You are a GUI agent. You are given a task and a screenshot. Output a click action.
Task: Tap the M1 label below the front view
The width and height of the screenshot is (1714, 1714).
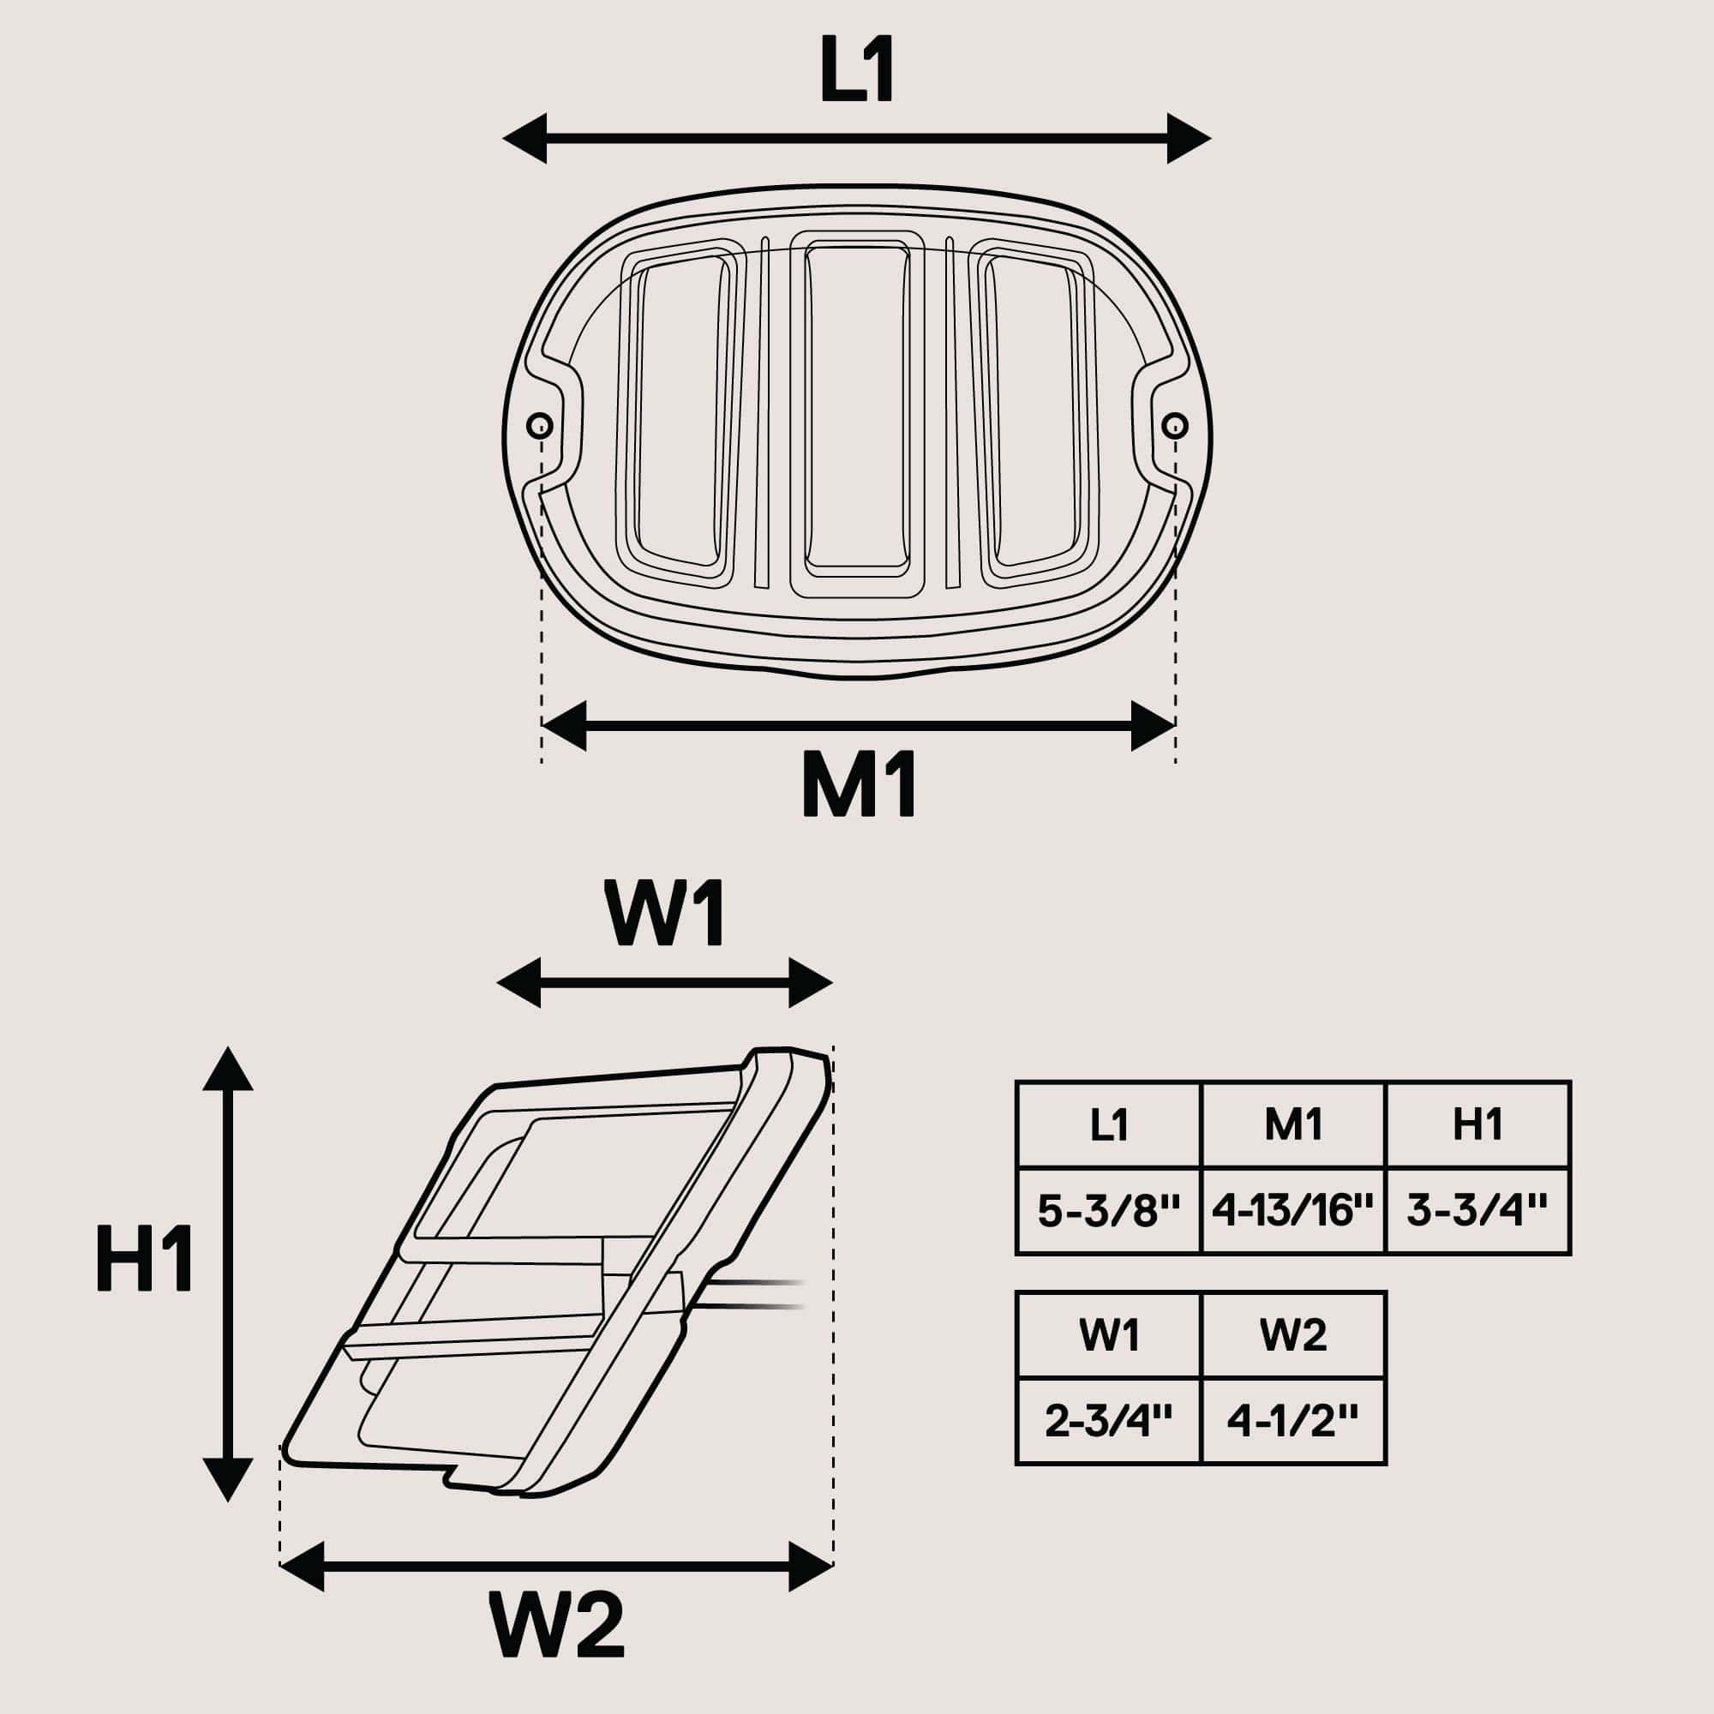tap(859, 784)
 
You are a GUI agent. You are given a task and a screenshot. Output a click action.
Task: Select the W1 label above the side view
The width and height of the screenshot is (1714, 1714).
tap(665, 914)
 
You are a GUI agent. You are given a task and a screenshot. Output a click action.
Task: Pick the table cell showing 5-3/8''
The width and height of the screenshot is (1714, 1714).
tap(1109, 1210)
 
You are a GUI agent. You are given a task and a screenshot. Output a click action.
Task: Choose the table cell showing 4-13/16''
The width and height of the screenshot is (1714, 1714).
tap(1292, 1210)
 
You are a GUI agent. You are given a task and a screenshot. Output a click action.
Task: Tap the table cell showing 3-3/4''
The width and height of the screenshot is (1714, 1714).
tap(1477, 1210)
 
